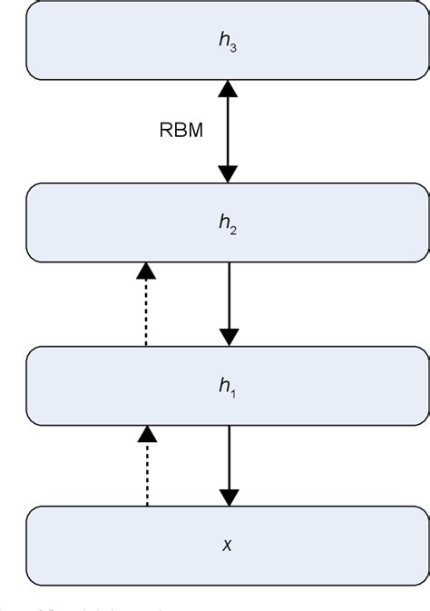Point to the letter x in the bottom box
(227, 547)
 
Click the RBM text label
(181, 130)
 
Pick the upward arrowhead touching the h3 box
(229, 89)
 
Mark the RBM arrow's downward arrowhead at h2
(229, 173)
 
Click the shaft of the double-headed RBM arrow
(229, 132)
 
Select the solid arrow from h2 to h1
(229, 300)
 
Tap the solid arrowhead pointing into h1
(229, 336)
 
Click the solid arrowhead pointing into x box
(229, 497)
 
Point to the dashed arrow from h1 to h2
(145, 309)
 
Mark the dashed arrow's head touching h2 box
(145, 271)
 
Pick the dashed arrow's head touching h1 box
(145, 434)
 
